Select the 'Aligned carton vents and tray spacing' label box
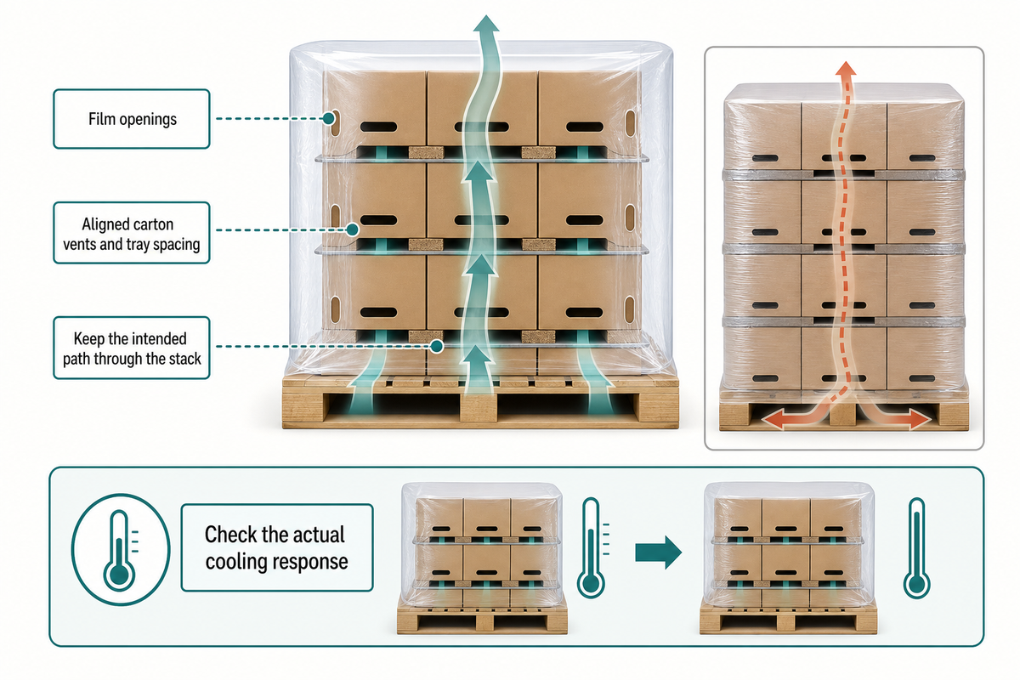click(x=132, y=233)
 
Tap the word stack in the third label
click(x=185, y=359)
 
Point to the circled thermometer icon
click(x=121, y=549)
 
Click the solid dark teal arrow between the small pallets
click(x=659, y=552)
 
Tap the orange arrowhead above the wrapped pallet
click(x=846, y=68)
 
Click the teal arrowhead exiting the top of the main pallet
click(x=486, y=24)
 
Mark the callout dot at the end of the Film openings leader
click(x=329, y=119)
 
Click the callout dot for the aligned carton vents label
click(x=352, y=229)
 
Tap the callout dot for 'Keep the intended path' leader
click(x=437, y=346)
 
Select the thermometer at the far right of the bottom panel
click(x=916, y=548)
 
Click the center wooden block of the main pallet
click(x=479, y=408)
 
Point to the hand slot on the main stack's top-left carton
click(x=378, y=127)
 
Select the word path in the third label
click(x=76, y=359)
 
